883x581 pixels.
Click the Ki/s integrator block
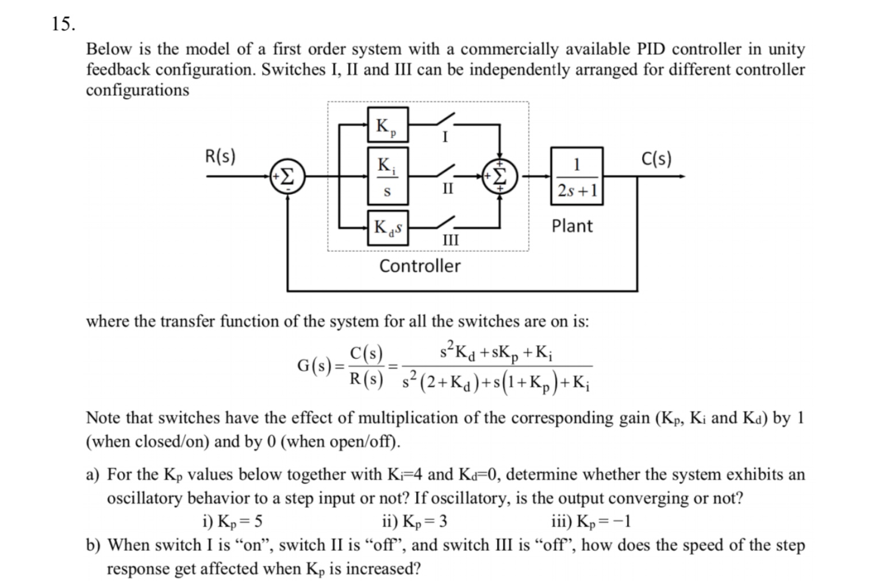click(x=387, y=176)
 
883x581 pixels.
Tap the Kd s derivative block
click(x=388, y=228)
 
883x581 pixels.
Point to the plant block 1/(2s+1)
click(x=577, y=176)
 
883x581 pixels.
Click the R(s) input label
click(x=220, y=156)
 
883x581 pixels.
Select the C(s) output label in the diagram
click(x=656, y=158)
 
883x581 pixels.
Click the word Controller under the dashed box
click(x=420, y=266)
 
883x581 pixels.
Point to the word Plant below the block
click(x=571, y=226)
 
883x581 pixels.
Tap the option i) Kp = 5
click(x=232, y=521)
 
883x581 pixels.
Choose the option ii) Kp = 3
click(x=414, y=521)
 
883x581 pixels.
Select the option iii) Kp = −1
click(x=590, y=521)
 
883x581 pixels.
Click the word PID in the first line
click(x=651, y=49)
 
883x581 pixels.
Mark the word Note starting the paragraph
click(x=103, y=418)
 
